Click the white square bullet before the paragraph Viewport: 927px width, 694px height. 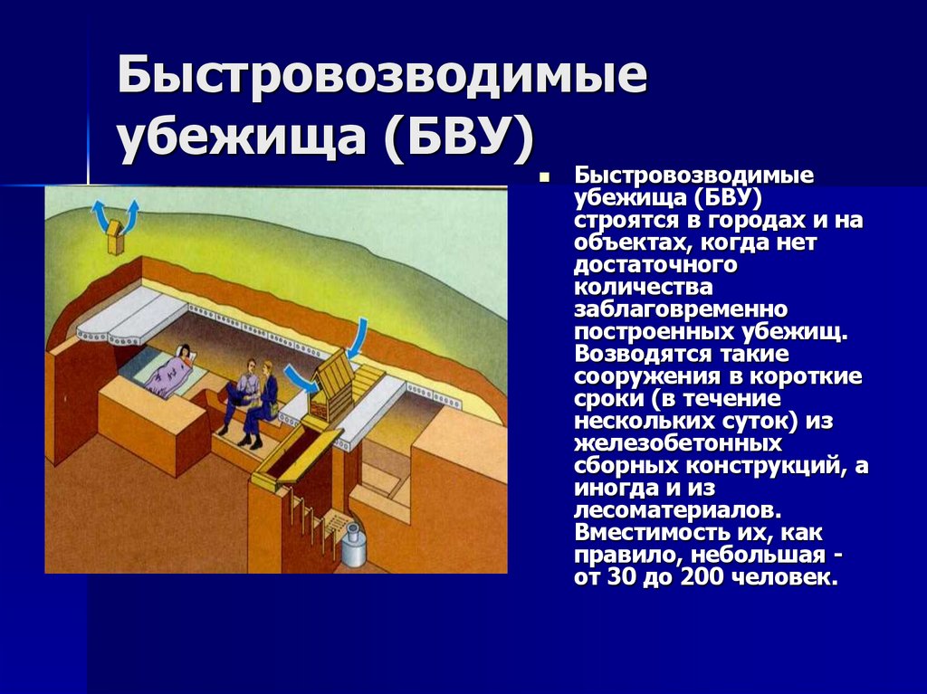tap(545, 177)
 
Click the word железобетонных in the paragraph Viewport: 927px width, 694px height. tap(678, 444)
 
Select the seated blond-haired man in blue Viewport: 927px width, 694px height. tap(265, 398)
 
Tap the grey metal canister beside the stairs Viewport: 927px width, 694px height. tap(352, 546)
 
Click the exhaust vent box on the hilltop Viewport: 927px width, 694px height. tap(115, 239)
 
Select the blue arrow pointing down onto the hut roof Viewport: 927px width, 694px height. tap(358, 337)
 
